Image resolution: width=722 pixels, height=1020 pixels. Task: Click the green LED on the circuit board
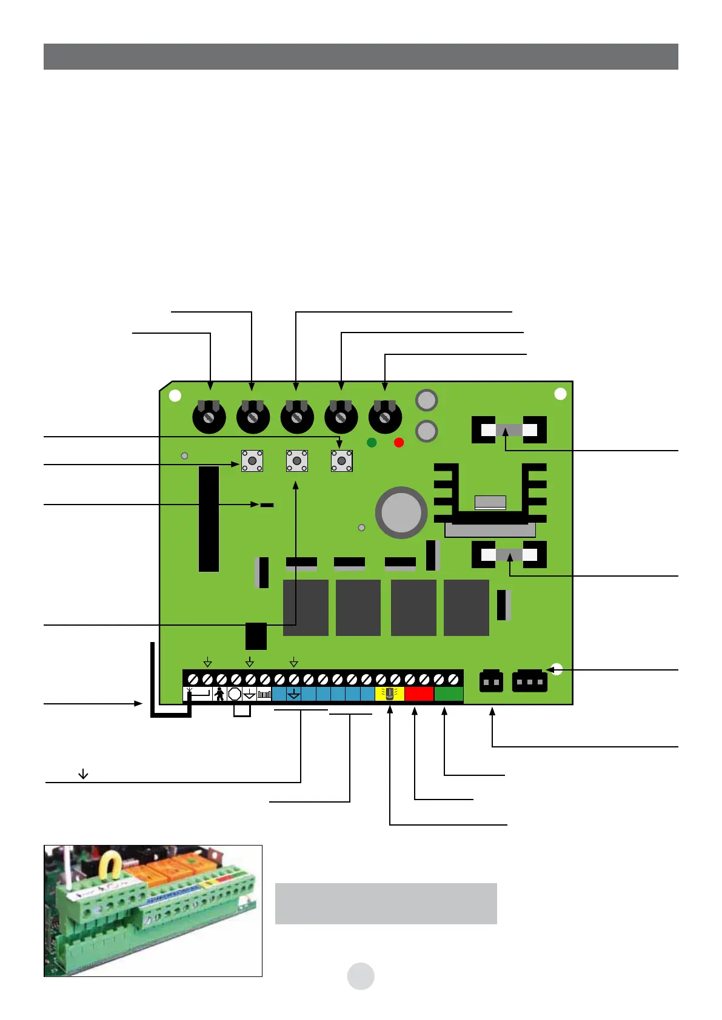pos(372,443)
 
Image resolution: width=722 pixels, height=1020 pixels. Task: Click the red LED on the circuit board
pos(399,443)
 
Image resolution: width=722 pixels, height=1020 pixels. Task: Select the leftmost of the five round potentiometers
pos(209,417)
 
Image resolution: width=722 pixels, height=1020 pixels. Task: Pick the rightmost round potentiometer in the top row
pos(385,417)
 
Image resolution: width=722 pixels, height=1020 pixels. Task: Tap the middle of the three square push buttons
pos(296,461)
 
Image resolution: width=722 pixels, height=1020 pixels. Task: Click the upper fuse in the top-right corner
pos(509,430)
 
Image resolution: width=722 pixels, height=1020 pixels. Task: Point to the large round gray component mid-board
pos(401,512)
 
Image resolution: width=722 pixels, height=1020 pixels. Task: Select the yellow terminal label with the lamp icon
pos(390,694)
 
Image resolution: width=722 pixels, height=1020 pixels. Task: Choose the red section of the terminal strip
pos(419,694)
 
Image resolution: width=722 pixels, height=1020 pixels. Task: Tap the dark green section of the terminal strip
pos(449,694)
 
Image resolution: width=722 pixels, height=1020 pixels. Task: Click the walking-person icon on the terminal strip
pos(219,694)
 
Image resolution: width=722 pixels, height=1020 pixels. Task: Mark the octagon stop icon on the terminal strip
pos(235,694)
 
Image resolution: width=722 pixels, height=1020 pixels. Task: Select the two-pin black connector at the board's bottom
pos(491,681)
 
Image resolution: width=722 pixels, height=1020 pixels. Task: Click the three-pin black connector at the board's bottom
pos(529,681)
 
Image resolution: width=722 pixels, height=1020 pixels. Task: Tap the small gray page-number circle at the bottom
pos(361,976)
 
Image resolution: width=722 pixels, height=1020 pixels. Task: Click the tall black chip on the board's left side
pos(209,519)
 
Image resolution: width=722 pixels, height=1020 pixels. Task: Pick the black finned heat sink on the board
pos(490,494)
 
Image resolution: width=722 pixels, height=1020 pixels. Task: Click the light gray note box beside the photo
pos(386,903)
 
